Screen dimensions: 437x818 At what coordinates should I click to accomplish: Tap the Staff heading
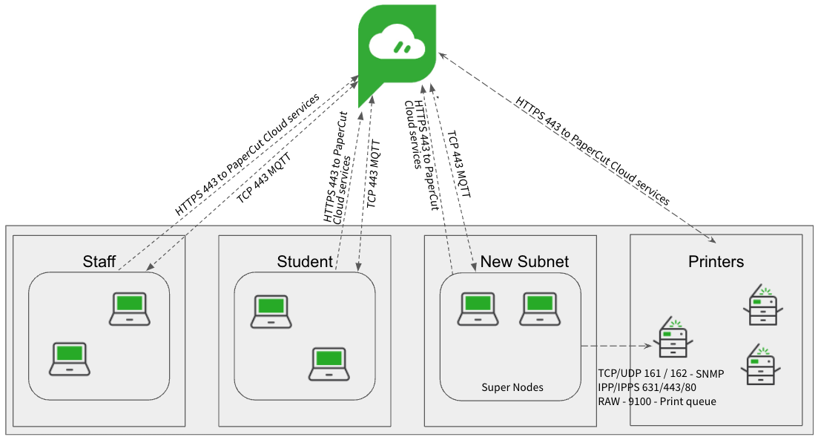(x=99, y=261)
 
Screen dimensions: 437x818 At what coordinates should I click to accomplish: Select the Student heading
(x=305, y=261)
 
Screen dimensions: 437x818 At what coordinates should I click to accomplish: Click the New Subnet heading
(x=524, y=261)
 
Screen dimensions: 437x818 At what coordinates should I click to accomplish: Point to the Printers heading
(x=716, y=261)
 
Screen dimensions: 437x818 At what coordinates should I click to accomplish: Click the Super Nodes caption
(x=512, y=387)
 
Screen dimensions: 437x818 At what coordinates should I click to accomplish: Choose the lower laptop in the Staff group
(x=69, y=358)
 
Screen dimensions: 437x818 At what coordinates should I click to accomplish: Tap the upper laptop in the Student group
(x=271, y=311)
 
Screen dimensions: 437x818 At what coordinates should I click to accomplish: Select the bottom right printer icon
(x=762, y=364)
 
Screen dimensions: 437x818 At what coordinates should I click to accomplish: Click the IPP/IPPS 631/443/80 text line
(x=647, y=387)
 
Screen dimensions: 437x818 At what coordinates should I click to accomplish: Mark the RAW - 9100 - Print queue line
(x=656, y=401)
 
